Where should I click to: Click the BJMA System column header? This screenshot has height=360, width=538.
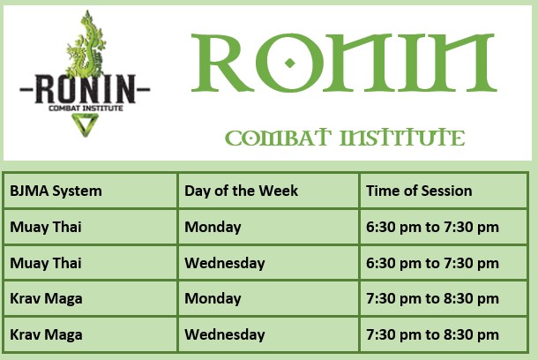click(x=56, y=191)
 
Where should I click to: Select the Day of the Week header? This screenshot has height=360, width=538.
click(x=241, y=191)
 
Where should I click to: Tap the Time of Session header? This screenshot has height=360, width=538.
click(x=419, y=191)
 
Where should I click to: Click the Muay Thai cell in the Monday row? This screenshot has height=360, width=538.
click(x=46, y=227)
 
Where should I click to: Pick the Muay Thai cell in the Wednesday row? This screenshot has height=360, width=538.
click(x=46, y=263)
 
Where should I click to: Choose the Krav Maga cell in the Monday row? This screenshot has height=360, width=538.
click(x=46, y=298)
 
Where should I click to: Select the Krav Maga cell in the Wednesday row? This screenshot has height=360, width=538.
click(x=46, y=334)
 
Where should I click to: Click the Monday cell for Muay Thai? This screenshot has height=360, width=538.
click(x=213, y=227)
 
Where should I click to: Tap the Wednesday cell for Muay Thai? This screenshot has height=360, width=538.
click(x=225, y=263)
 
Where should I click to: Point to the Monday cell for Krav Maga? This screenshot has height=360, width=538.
click(x=213, y=298)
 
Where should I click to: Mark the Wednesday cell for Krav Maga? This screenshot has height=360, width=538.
click(x=225, y=334)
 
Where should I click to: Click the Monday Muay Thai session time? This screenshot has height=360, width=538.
click(x=432, y=227)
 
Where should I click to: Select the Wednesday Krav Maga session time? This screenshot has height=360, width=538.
click(x=432, y=334)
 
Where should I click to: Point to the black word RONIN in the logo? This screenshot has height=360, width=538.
click(x=85, y=89)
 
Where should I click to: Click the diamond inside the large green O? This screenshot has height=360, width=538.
click(x=290, y=64)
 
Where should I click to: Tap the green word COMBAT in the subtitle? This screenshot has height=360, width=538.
click(x=278, y=138)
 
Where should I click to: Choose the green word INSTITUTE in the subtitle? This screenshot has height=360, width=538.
click(x=402, y=138)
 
